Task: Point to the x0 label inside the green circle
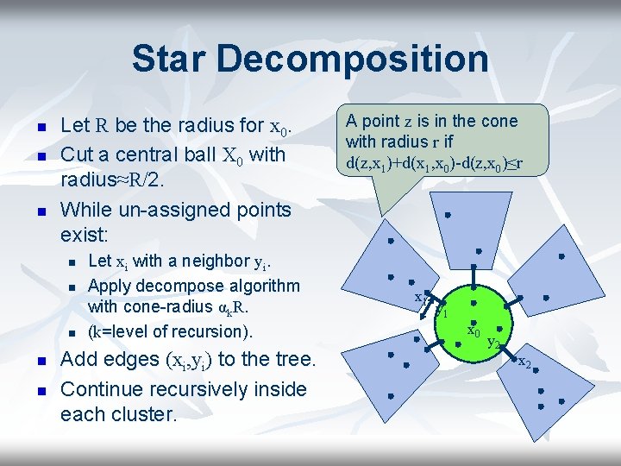(474, 331)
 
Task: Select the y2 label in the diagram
(494, 343)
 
